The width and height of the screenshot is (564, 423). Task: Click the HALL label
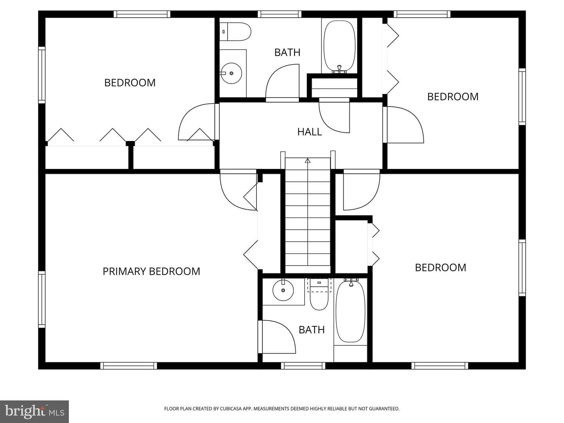point(309,132)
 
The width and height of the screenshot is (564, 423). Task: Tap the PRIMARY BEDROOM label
point(151,271)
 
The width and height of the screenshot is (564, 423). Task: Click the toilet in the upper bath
point(235,32)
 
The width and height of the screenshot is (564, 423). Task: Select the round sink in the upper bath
point(231,73)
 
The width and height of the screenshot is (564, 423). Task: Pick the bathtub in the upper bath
point(340,46)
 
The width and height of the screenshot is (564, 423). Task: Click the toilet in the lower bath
point(319,294)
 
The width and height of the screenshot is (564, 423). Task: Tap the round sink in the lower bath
point(283,290)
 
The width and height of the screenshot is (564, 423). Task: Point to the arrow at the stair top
point(307,161)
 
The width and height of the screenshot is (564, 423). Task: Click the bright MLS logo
point(34,411)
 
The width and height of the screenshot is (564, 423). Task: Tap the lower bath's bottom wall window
point(303,366)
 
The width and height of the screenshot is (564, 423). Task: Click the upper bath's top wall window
point(280,14)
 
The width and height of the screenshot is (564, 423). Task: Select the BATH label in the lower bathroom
point(312,330)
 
